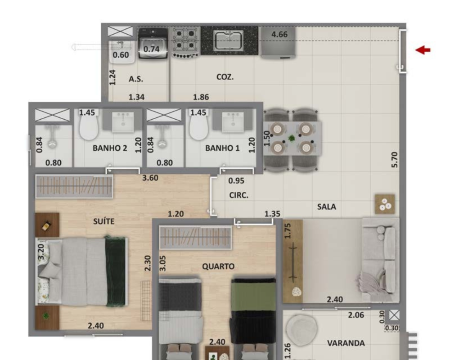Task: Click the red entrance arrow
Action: pos(423,50)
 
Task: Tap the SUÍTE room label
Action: pos(104,221)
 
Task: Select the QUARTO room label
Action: pos(218,266)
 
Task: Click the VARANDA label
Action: pos(346,343)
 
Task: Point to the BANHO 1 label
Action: pos(222,148)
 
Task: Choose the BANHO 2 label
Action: pos(110,148)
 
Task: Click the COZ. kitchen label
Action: pos(225,77)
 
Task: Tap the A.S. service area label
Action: pos(136,79)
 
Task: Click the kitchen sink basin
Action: pos(229,41)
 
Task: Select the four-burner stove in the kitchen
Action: pos(185,42)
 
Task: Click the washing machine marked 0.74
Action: pos(153,44)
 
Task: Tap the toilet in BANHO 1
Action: pos(198,126)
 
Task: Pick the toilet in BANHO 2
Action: pos(89,126)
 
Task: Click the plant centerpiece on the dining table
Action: pos(292,139)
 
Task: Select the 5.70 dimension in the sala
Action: pos(395,160)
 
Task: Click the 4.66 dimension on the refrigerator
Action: pos(279,35)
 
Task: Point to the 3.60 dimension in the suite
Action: pos(150,178)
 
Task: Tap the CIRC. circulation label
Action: pos(239,195)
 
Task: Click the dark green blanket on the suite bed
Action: pos(116,271)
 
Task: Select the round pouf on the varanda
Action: pos(301,328)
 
